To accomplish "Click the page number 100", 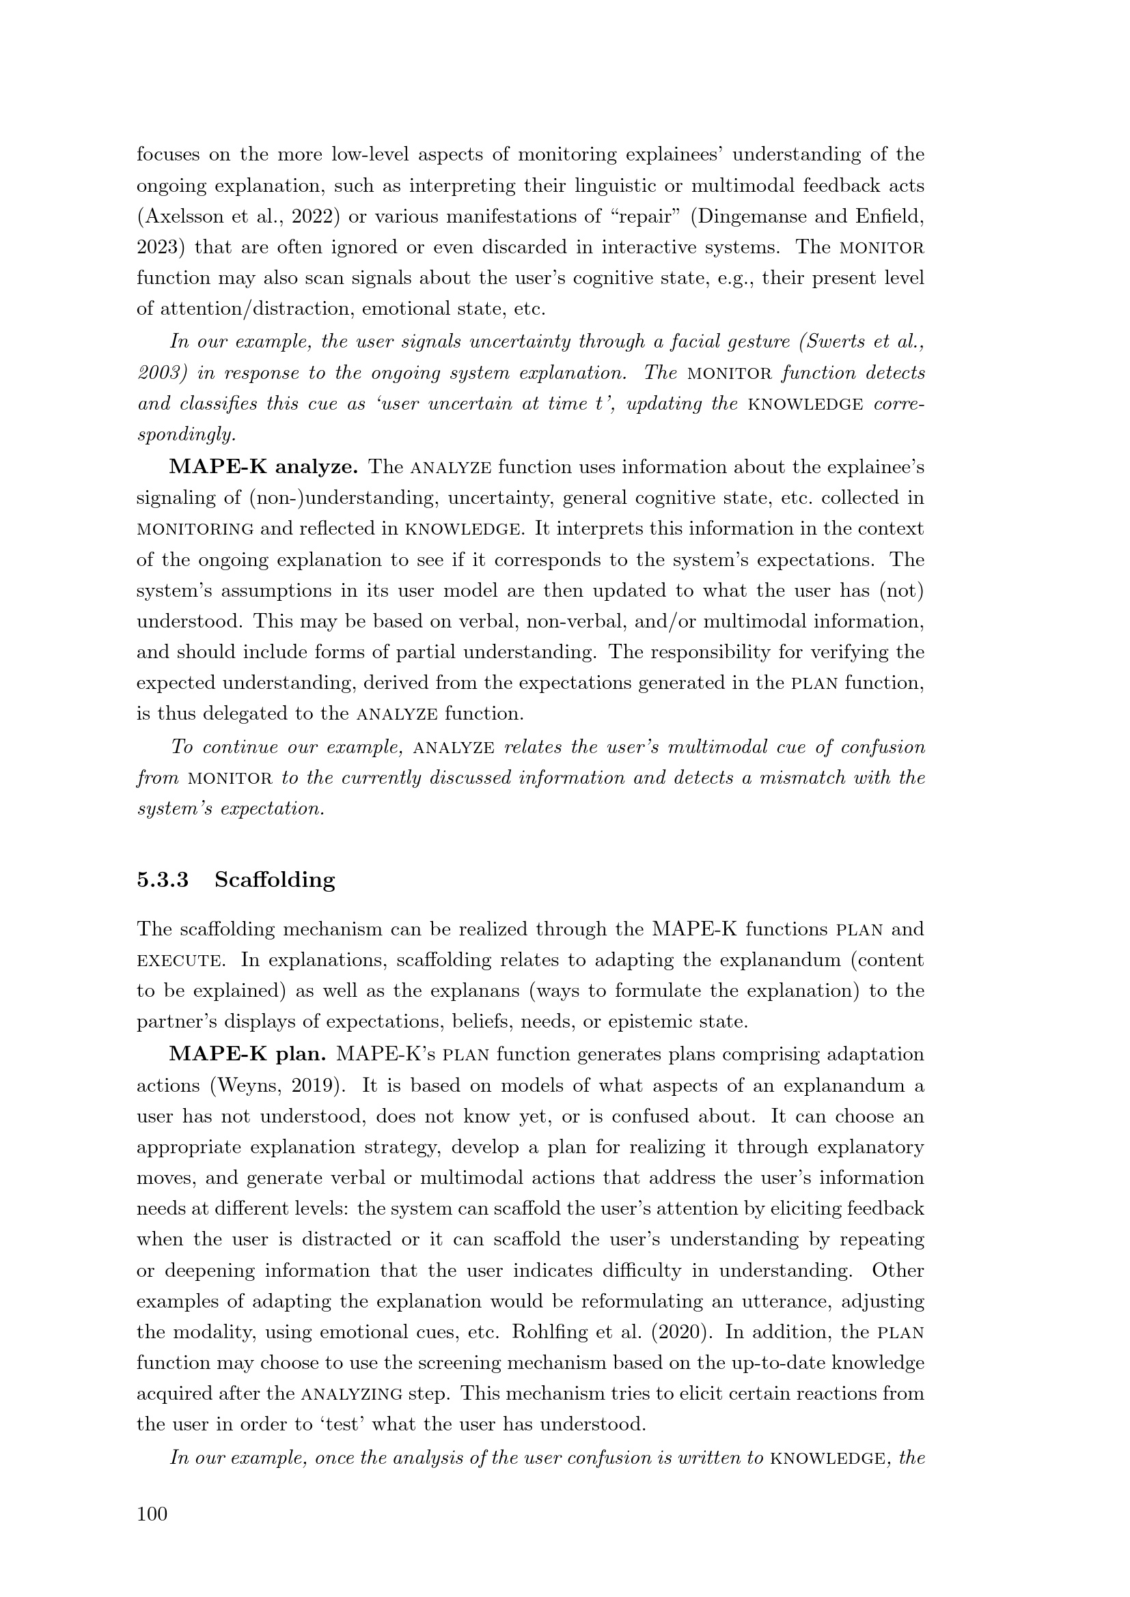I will (152, 1514).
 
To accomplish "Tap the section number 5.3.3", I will (163, 880).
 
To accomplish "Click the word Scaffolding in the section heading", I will (275, 880).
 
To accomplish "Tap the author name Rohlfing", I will (548, 1332).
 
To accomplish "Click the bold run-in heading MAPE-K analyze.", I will (264, 467).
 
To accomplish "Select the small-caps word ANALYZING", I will (351, 1394).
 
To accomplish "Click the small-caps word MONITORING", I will (195, 529).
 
